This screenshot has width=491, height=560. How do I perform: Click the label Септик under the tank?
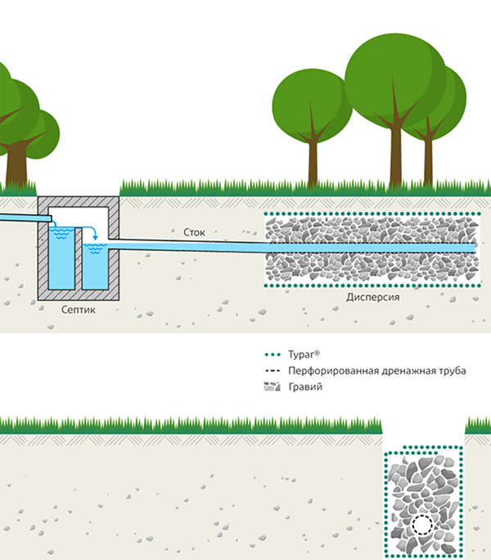point(79,311)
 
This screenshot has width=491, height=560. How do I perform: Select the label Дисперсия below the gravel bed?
point(372,298)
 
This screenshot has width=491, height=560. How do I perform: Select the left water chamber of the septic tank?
point(61,258)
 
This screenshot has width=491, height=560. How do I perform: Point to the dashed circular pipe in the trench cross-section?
point(424,526)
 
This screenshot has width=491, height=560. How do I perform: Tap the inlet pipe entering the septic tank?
point(20,217)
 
